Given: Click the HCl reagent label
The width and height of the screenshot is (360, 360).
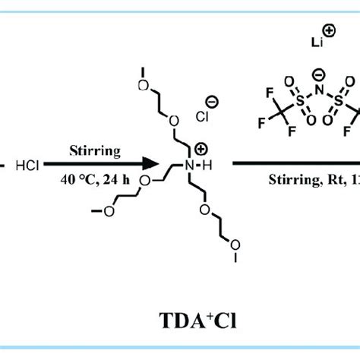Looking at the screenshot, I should point(28,163).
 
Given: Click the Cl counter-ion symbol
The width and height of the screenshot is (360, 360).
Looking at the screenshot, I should point(204,118).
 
